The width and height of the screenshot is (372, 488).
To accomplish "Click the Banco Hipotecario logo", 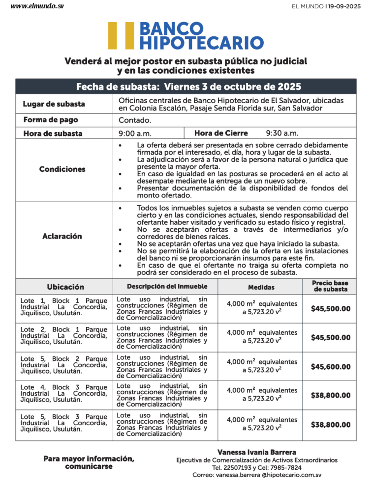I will pyautogui.click(x=186, y=36).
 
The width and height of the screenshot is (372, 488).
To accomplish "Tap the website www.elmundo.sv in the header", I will pyautogui.click(x=37, y=6).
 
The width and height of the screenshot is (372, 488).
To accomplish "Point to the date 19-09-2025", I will pyautogui.click(x=344, y=7).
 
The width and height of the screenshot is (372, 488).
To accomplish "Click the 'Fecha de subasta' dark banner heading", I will pyautogui.click(x=188, y=86).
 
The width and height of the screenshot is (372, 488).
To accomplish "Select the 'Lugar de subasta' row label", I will pyautogui.click(x=54, y=104).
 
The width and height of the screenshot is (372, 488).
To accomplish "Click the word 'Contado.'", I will pyautogui.click(x=135, y=120).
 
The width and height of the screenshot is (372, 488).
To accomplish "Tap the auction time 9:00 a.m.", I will pyautogui.click(x=135, y=133).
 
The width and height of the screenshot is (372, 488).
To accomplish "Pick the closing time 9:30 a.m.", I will pyautogui.click(x=282, y=133).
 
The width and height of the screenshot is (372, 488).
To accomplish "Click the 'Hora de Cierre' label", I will pyautogui.click(x=221, y=133).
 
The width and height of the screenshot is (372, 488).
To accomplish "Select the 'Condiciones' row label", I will pyautogui.click(x=62, y=169).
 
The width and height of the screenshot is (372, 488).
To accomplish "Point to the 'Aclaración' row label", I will pyautogui.click(x=62, y=236).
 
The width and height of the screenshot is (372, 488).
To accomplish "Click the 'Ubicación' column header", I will pyautogui.click(x=65, y=287).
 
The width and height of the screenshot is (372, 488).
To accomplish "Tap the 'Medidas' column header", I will pyautogui.click(x=261, y=287).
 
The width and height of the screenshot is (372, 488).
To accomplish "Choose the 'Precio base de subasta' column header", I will pyautogui.click(x=330, y=286).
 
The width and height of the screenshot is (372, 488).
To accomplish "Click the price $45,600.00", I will pyautogui.click(x=330, y=367).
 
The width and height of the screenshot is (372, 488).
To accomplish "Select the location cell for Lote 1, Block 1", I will pyautogui.click(x=64, y=307).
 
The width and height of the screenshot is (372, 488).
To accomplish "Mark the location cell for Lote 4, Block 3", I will pyautogui.click(x=64, y=393).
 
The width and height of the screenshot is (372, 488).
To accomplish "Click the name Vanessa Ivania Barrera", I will pyautogui.click(x=257, y=452).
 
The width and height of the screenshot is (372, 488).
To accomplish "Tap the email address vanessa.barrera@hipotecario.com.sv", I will pyautogui.click(x=268, y=475).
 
